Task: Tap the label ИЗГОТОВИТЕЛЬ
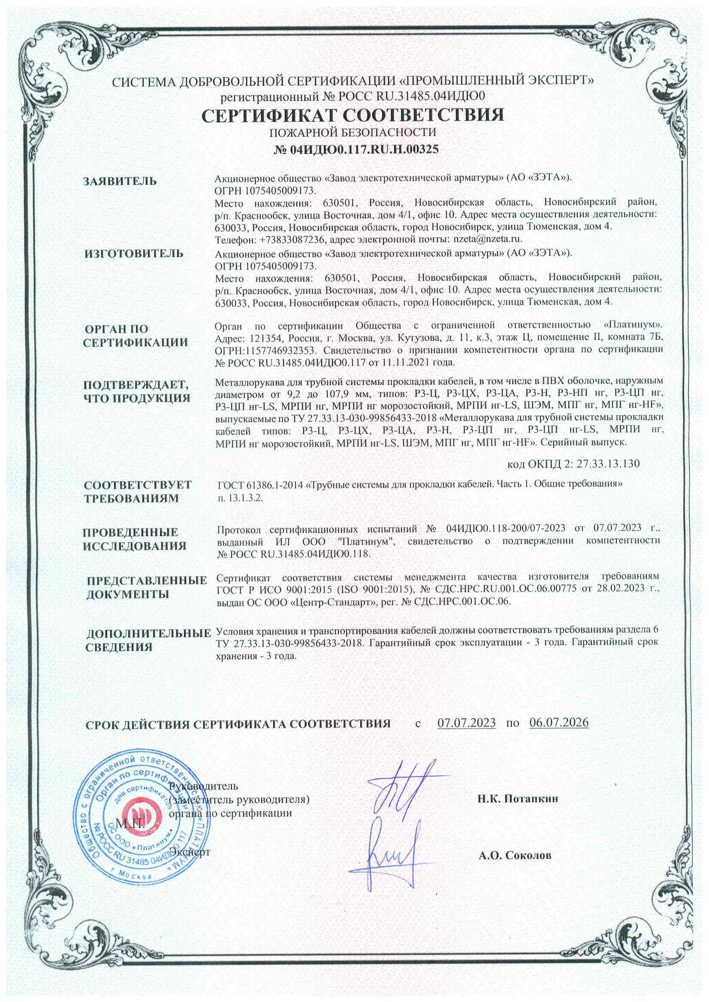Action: (134, 254)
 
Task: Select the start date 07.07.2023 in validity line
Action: (466, 722)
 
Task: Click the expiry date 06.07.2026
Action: (559, 722)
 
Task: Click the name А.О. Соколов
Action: (515, 855)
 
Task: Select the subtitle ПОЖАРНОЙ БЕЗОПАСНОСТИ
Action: (353, 132)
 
